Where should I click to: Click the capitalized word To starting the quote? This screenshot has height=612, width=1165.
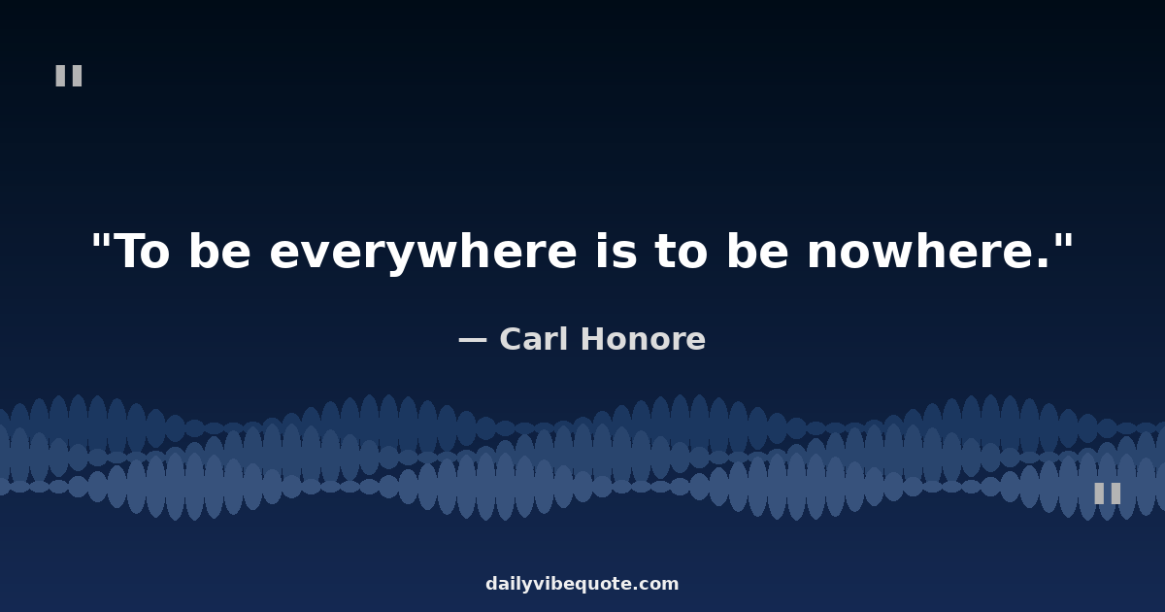[141, 251]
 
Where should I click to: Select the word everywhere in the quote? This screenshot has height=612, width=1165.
[423, 254]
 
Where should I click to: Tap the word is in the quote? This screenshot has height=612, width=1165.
[616, 251]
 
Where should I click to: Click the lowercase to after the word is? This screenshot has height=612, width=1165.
[682, 252]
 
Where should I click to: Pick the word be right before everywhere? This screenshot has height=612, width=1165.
[220, 251]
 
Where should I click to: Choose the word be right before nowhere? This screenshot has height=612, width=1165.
[758, 251]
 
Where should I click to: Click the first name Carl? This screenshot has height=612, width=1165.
[534, 339]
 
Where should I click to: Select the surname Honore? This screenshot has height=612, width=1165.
[644, 339]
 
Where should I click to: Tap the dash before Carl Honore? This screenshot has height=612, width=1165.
[472, 340]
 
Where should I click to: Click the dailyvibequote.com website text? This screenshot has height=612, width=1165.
[582, 584]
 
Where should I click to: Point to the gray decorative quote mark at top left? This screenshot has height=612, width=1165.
[69, 76]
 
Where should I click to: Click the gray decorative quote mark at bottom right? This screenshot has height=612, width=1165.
[1108, 493]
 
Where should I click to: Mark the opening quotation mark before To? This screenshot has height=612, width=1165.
[101, 241]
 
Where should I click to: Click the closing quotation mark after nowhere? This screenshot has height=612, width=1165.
[1065, 241]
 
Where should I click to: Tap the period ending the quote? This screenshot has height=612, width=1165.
[1043, 263]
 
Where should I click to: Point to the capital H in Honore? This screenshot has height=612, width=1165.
[594, 339]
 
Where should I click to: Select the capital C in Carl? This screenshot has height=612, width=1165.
[512, 339]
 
